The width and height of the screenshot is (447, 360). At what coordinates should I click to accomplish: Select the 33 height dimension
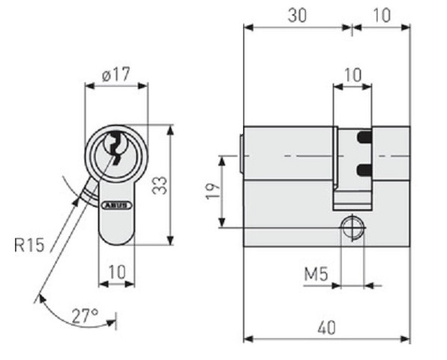tap(158, 184)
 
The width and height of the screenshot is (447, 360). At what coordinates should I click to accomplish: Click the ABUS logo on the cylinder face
tap(117, 202)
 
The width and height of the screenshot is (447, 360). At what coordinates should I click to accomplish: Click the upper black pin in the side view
tap(363, 137)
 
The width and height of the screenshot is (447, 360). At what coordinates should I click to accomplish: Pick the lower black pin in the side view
tap(363, 170)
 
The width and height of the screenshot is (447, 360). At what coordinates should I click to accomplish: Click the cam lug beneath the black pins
tap(352, 196)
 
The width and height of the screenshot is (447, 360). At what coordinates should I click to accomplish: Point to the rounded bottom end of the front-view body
tap(117, 239)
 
